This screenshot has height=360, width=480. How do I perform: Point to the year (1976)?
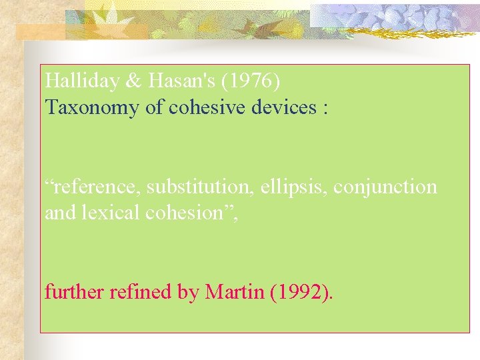pyautogui.click(x=255, y=81)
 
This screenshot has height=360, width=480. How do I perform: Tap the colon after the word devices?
pyautogui.click(x=325, y=108)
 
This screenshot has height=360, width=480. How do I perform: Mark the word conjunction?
pyautogui.click(x=385, y=187)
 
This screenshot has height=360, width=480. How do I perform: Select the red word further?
pyautogui.click(x=69, y=291)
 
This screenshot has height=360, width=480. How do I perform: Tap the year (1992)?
pyautogui.click(x=301, y=291)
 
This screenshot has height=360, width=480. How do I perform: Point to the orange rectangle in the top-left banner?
pyautogui.click(x=40, y=31)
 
